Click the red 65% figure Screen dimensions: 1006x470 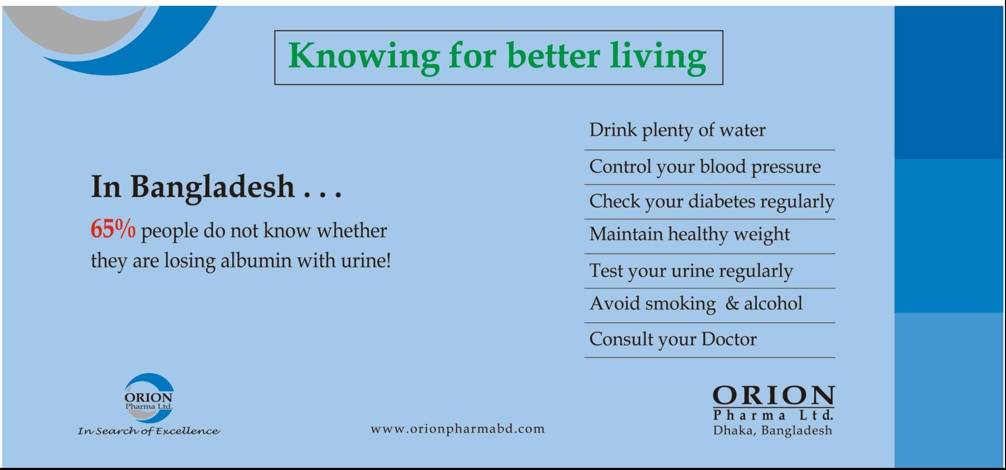click(x=113, y=230)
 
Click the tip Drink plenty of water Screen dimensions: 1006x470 click(x=677, y=131)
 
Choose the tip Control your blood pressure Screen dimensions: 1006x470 click(x=705, y=167)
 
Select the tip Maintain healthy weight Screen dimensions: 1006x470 click(x=689, y=234)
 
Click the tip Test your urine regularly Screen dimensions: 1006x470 click(x=691, y=271)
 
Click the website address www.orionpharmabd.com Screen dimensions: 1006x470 click(x=458, y=429)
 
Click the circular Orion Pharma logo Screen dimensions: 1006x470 click(x=149, y=398)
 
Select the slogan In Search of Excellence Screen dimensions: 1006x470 click(x=149, y=432)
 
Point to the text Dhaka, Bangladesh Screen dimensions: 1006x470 click(x=773, y=431)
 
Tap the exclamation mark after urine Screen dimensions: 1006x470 click(x=388, y=260)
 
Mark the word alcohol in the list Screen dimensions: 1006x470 click(x=773, y=303)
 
